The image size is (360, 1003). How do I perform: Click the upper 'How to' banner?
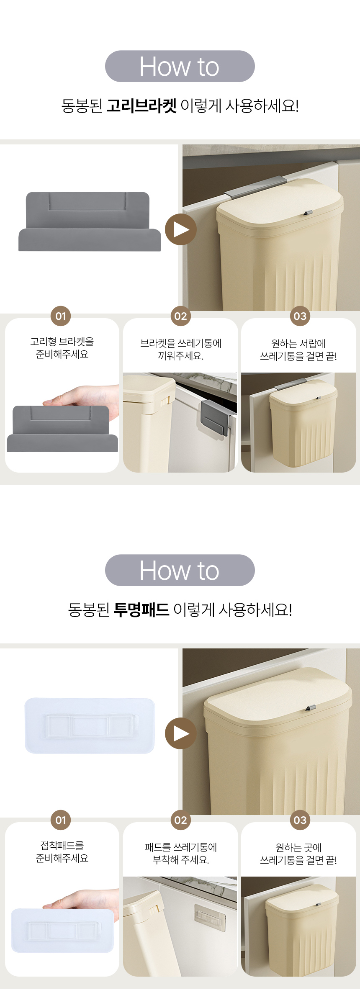(x=180, y=66)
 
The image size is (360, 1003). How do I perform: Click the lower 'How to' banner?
(x=180, y=570)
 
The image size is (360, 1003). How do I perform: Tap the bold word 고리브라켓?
(x=141, y=105)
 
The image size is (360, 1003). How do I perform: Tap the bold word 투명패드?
(x=141, y=610)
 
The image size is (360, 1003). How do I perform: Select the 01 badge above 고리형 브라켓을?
(x=61, y=316)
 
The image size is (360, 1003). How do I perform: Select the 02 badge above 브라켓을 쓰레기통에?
(x=180, y=316)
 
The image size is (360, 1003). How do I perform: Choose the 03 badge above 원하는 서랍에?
(x=300, y=316)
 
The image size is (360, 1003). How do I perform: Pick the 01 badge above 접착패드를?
(x=61, y=820)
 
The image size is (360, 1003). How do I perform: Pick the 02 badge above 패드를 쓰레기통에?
(x=180, y=820)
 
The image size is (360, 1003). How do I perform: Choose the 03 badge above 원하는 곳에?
(x=300, y=820)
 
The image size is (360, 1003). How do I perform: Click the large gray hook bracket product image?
(x=90, y=221)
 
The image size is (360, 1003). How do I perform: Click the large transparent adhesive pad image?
(x=90, y=725)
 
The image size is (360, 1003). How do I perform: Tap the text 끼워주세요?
(x=181, y=356)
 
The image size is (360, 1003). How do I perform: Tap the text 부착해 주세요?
(x=181, y=860)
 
